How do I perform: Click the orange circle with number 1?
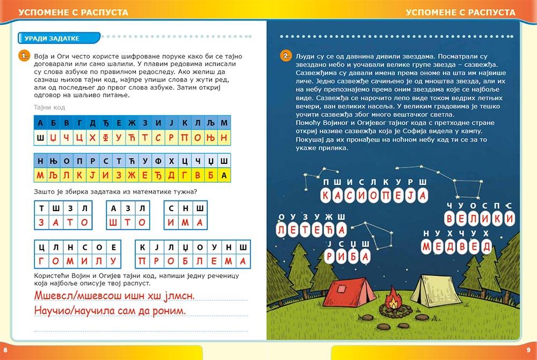tap(23, 55)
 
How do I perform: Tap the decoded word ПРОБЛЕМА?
tap(193, 261)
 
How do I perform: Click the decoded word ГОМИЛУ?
tap(77, 261)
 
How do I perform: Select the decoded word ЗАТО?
tap(62, 222)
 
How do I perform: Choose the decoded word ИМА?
tap(185, 222)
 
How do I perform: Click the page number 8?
tap(5, 352)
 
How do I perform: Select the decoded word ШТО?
tap(127, 222)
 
